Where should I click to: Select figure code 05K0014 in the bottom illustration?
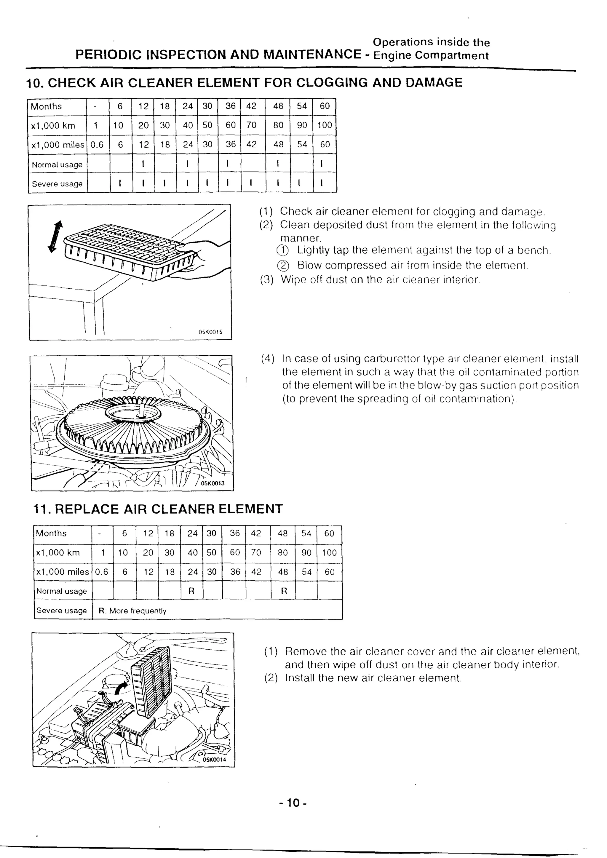coord(214,759)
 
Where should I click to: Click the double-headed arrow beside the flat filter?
coord(55,236)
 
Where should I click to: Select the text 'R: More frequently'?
coord(132,611)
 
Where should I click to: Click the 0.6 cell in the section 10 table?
coord(97,145)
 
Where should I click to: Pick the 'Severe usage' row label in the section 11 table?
coord(61,610)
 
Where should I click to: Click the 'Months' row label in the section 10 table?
coord(46,106)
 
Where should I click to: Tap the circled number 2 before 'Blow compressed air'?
coord(283,266)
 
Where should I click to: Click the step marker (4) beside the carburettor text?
coord(268,359)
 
